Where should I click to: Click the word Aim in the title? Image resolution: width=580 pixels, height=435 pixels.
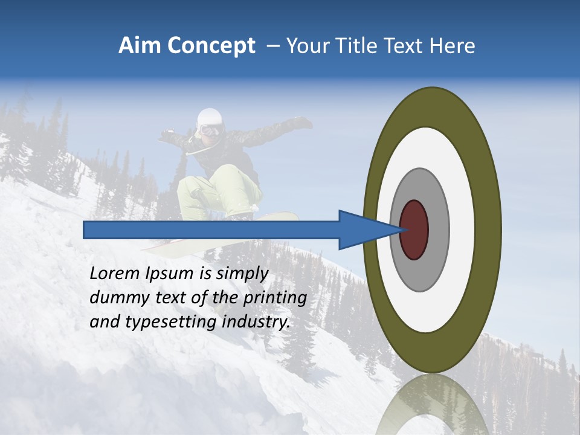coord(139,46)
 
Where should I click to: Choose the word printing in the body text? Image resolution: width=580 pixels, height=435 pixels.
coord(275,298)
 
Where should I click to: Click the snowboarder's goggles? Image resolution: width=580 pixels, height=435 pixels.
coord(210,130)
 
